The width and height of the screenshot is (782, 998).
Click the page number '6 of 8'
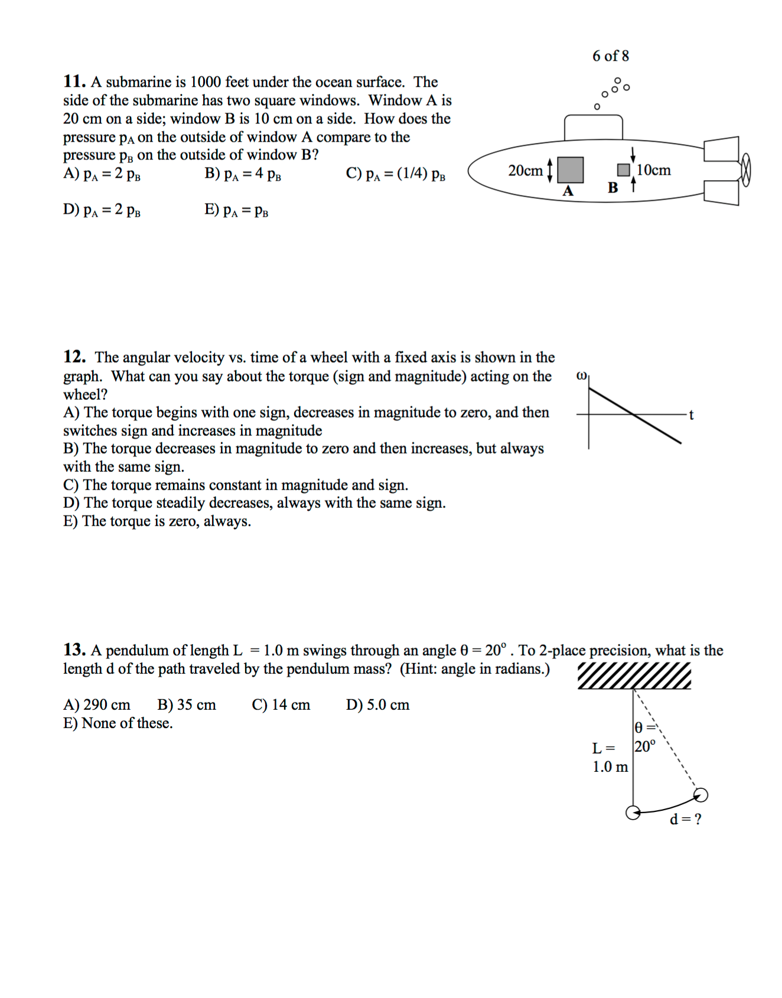[x=611, y=56]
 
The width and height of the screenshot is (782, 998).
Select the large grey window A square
[x=571, y=169]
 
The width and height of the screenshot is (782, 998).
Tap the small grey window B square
[x=623, y=170]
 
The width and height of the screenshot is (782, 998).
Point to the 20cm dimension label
[x=525, y=171]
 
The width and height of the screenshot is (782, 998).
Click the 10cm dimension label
[x=654, y=170]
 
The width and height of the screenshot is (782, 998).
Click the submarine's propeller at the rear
[x=745, y=170]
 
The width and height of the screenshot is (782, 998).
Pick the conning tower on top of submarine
[x=593, y=128]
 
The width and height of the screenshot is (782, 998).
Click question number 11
[x=74, y=81]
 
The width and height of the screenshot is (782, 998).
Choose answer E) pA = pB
[x=236, y=210]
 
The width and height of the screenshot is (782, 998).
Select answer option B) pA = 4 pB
[x=243, y=174]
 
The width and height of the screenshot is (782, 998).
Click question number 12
[x=74, y=357]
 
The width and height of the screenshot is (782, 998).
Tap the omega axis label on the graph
[x=581, y=376]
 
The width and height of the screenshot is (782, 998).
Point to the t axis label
[x=691, y=415]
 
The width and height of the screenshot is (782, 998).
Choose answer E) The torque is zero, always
[x=157, y=521]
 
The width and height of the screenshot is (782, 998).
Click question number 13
[x=74, y=650]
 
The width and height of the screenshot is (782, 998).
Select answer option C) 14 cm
[x=281, y=705]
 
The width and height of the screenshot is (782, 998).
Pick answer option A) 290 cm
[x=97, y=705]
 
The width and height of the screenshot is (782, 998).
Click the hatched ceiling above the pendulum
[x=634, y=676]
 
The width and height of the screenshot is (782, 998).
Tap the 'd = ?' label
[x=685, y=819]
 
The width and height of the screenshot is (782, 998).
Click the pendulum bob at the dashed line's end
[x=700, y=795]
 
